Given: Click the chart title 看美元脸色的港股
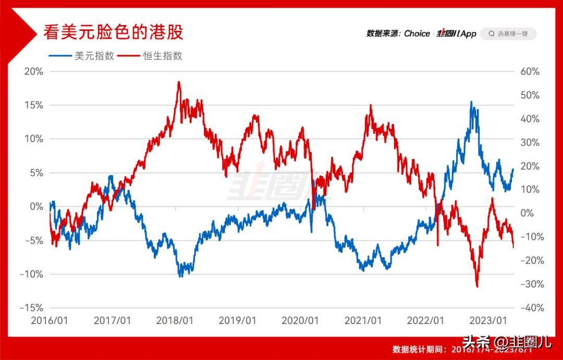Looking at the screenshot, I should (x=114, y=33).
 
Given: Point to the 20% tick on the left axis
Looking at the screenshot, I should (x=33, y=71).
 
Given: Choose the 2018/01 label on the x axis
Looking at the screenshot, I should (x=175, y=320).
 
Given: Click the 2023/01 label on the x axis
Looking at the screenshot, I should (x=488, y=320).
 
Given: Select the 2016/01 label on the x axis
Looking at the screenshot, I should (x=49, y=320).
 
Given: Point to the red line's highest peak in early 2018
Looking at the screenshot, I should (x=179, y=82).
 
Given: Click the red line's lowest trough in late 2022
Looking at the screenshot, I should (x=476, y=286).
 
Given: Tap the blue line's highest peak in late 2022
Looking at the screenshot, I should (x=471, y=102).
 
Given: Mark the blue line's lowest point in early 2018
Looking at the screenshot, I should (x=180, y=276).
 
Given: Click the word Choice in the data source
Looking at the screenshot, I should (x=417, y=33).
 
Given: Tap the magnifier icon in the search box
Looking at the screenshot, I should (x=491, y=33).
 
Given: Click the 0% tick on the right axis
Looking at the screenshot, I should (x=527, y=213).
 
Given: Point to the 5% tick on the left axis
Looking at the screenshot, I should (x=35, y=173).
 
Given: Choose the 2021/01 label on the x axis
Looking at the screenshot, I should (x=363, y=320).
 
